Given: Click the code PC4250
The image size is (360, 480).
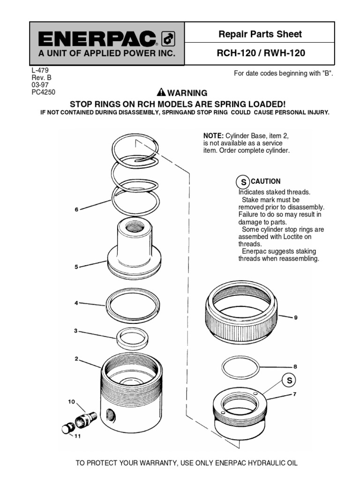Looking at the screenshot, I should pos(43,92).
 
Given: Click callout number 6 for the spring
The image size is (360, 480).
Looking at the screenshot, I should pos(76,210).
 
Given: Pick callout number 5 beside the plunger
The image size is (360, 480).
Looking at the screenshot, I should pos(76,267).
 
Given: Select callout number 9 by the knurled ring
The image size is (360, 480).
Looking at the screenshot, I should pos(295,317).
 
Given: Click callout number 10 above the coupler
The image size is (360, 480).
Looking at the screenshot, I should pos(71,401).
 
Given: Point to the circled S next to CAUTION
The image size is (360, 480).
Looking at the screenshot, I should pos(243,182).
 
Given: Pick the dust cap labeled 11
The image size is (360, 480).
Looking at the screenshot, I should pos(68,427).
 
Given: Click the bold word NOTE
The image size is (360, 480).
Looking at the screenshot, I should pos(212,135).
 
